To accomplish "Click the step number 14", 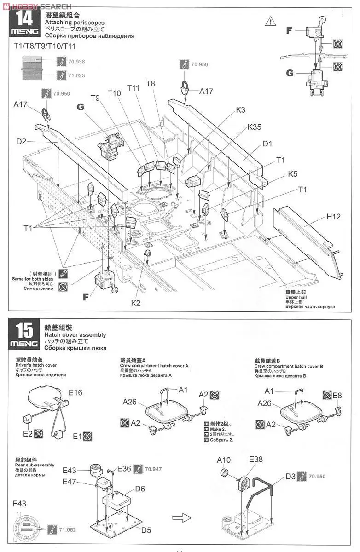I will (24, 18).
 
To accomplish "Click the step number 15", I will (24, 331).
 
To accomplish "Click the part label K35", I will (254, 127).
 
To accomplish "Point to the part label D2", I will (22, 141).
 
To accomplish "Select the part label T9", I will (95, 98).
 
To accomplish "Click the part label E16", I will (75, 392).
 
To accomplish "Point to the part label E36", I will (124, 469).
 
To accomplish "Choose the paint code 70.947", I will (152, 469).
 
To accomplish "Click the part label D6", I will (140, 489).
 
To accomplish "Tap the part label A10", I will (223, 460).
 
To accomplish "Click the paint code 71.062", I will (68, 529).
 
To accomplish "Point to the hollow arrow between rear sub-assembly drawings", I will (181, 518).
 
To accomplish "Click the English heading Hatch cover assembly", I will (75, 335).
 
